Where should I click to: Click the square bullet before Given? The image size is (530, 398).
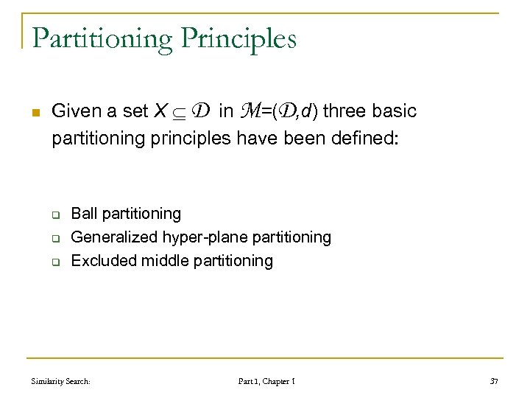28,113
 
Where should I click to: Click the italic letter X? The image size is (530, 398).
160,111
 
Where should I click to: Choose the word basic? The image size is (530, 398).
395,111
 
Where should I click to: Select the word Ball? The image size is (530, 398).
83,214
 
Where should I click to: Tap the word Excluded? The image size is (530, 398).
101,261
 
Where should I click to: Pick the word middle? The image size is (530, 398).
158,261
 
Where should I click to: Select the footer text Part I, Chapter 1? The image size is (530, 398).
266,381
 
